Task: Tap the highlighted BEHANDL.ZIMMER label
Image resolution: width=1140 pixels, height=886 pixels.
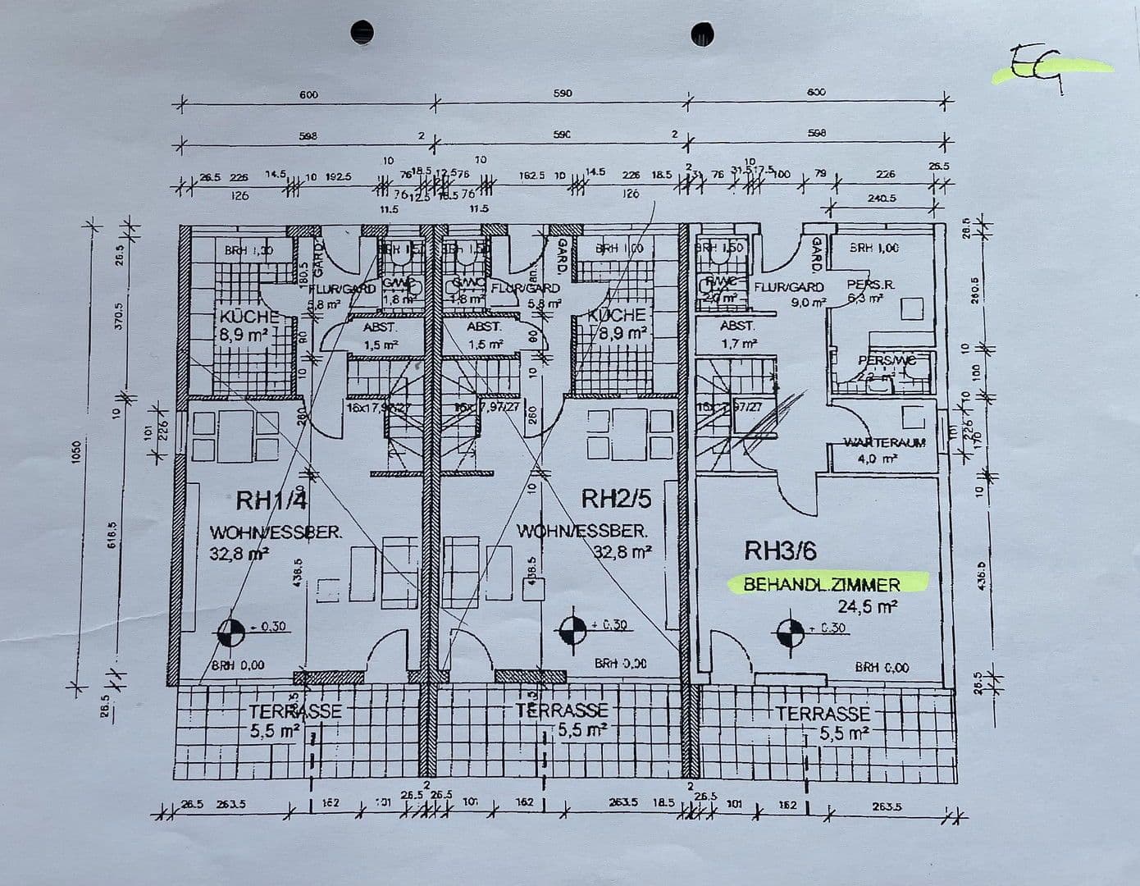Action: (x=822, y=585)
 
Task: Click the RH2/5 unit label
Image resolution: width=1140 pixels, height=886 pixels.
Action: (x=616, y=498)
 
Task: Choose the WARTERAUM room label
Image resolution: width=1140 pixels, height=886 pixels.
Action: (x=885, y=443)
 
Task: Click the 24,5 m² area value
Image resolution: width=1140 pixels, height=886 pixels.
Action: (x=867, y=607)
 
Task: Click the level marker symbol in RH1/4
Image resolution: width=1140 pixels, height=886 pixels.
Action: (x=232, y=631)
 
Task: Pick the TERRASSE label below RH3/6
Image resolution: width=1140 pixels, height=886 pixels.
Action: (x=823, y=714)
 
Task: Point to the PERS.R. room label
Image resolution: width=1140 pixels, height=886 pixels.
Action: (x=871, y=285)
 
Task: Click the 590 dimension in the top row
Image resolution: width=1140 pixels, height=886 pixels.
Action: (x=563, y=94)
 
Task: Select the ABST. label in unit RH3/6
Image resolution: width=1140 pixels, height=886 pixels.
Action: (x=737, y=326)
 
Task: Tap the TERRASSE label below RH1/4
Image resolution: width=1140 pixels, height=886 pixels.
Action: (x=295, y=711)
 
